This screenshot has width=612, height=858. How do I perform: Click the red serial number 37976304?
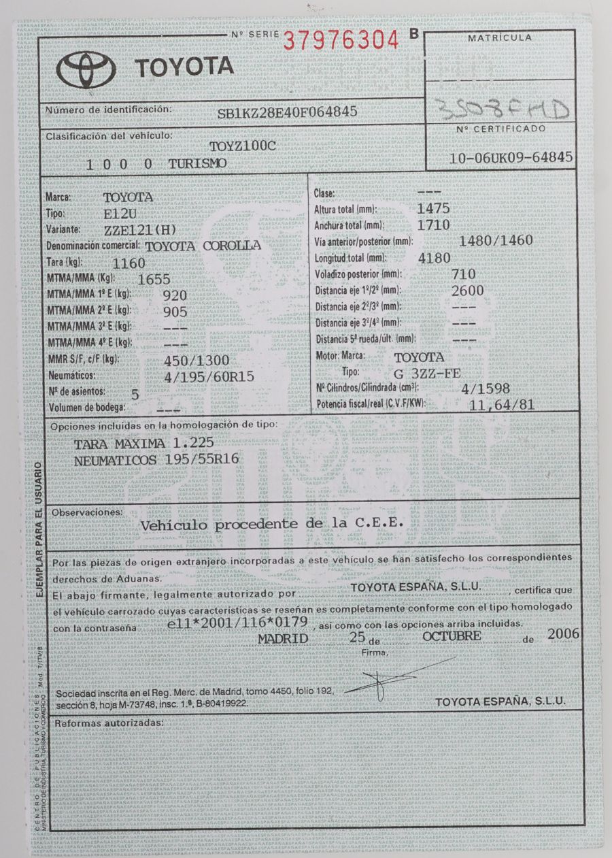click(x=340, y=41)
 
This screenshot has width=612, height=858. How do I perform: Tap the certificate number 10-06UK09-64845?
click(x=511, y=157)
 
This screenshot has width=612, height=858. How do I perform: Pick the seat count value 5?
click(x=134, y=393)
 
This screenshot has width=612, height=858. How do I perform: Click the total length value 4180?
click(x=433, y=259)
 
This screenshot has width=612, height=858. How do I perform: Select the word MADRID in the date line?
click(x=284, y=638)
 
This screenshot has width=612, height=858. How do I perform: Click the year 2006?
click(x=562, y=634)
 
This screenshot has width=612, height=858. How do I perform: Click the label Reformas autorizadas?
click(x=109, y=722)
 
